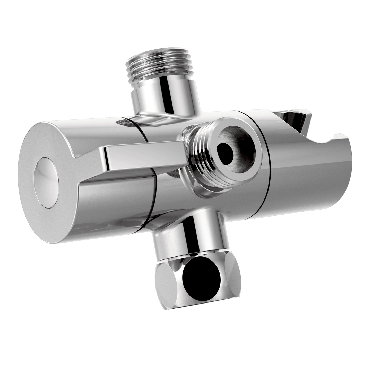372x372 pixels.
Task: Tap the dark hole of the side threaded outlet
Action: [x=225, y=152]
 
